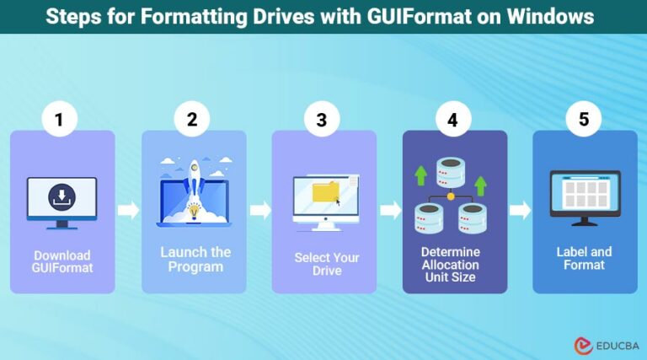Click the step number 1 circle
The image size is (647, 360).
(59, 120)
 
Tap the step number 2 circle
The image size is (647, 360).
(192, 120)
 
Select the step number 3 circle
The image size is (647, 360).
(321, 120)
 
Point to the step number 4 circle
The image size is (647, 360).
(452, 120)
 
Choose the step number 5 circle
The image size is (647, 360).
(584, 120)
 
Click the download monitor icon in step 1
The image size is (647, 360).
(61, 201)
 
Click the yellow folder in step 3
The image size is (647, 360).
(325, 193)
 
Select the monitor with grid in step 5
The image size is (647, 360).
(584, 196)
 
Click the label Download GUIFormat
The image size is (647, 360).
(62, 261)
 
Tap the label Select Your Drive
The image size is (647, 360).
(326, 264)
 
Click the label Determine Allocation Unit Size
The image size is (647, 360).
(451, 263)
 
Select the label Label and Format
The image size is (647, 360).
(584, 258)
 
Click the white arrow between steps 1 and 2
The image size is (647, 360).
(128, 211)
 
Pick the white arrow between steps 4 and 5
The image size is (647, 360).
(521, 211)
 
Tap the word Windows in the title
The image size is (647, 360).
(551, 16)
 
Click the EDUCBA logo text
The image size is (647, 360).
(612, 346)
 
